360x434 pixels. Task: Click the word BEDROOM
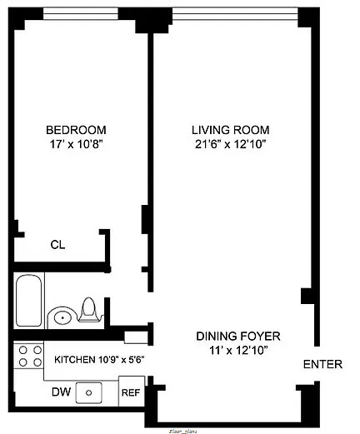tap(76, 130)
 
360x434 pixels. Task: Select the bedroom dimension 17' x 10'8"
tap(76, 144)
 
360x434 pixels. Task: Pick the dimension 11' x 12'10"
tap(237, 350)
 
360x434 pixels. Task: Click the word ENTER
tap(322, 364)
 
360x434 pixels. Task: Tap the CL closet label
tap(57, 245)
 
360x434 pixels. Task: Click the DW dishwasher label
tap(60, 391)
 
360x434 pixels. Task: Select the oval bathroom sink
tap(61, 317)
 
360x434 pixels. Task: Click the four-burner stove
tap(30, 357)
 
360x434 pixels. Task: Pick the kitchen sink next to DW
tap(87, 391)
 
